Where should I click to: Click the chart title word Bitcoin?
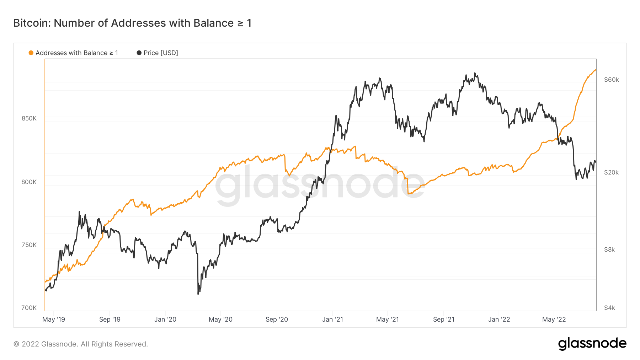point(32,23)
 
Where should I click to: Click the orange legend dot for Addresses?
point(31,53)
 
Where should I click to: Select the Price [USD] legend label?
point(161,53)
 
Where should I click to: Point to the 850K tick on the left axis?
point(29,118)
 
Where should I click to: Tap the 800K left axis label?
point(29,182)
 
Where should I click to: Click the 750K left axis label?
point(29,245)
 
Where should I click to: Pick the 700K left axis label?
point(29,308)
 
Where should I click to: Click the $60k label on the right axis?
point(612,80)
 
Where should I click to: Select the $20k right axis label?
point(612,172)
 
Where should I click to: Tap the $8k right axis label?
point(609,249)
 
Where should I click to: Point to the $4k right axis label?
point(609,308)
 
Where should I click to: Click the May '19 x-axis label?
point(54,319)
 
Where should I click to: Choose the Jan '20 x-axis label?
point(165,319)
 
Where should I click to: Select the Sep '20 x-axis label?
point(277,319)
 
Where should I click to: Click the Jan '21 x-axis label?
point(332,319)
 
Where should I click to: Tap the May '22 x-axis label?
point(554,319)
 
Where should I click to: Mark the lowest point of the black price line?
point(198,294)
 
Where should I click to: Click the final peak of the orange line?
point(596,70)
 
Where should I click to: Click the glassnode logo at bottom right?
point(592,344)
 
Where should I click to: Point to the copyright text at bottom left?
point(81,344)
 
